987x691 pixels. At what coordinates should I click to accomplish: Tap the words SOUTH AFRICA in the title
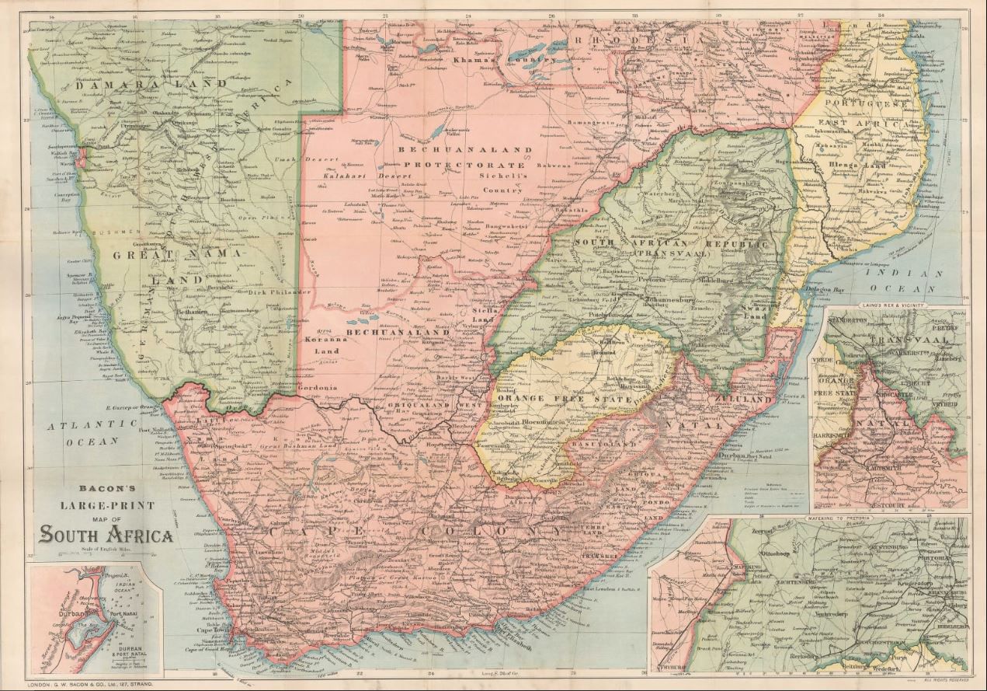[107, 535]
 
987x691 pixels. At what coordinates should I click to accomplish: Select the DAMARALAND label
[124, 82]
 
